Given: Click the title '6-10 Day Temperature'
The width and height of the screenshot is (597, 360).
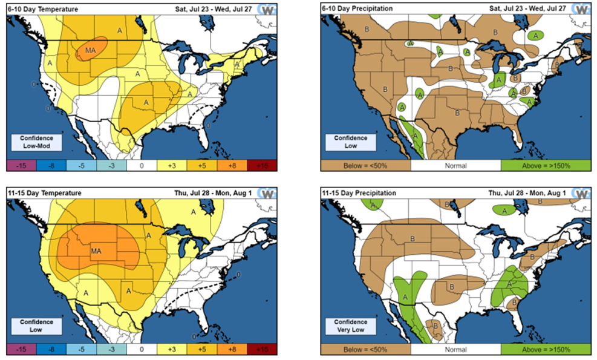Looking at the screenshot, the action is [42, 9].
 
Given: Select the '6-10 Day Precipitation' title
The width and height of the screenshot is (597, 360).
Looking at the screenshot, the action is [357, 8].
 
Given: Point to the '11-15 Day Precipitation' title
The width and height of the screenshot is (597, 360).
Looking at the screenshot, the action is [359, 193].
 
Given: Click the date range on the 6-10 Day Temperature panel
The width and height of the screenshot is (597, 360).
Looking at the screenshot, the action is [214, 9].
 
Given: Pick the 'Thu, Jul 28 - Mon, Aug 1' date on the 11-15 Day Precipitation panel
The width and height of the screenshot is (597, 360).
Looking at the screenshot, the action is [527, 193].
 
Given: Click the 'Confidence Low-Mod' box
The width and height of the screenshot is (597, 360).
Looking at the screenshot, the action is [36, 142].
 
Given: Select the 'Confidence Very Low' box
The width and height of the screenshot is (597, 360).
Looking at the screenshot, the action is [351, 326].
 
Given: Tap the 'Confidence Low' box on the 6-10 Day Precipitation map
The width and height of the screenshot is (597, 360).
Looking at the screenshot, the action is [351, 142].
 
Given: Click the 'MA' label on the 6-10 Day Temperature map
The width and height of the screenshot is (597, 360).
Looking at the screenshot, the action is [90, 50].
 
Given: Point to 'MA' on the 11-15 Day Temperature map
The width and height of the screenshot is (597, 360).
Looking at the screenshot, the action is [96, 251].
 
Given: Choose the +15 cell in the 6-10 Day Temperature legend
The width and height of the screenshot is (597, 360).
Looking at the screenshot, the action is [262, 165].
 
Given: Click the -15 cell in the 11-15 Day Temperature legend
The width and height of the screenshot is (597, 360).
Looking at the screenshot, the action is [22, 349].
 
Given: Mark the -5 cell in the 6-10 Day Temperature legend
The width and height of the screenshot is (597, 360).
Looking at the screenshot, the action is [82, 165].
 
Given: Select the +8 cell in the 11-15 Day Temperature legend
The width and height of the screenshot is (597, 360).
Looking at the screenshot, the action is [232, 349].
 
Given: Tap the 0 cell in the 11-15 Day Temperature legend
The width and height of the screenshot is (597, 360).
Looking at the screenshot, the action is [142, 349].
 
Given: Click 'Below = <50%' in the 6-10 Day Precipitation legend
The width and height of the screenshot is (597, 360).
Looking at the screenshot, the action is [365, 166].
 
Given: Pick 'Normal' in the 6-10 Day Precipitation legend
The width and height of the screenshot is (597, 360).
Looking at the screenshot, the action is [455, 166].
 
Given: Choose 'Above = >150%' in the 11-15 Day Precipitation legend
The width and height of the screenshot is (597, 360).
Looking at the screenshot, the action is [546, 350].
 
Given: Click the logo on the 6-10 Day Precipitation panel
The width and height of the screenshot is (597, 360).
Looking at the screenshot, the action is [582, 9].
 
